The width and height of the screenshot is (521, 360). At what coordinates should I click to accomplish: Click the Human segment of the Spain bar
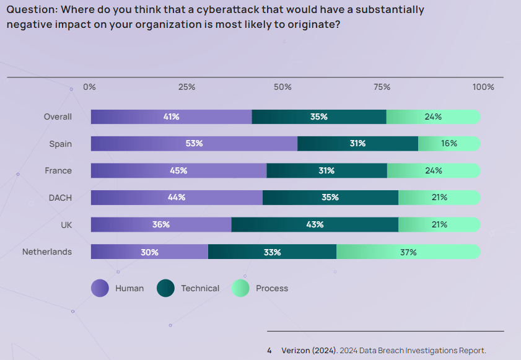click(194, 144)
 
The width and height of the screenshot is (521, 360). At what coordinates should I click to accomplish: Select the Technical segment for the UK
click(315, 224)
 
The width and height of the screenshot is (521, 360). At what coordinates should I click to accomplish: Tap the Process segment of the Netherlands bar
click(408, 252)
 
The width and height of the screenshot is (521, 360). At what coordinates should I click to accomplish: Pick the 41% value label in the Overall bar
click(172, 116)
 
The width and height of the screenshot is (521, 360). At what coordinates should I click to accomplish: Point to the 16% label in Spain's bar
click(449, 144)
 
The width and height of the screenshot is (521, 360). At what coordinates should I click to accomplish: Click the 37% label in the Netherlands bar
click(408, 252)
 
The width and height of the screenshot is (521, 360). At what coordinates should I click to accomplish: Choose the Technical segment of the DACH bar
click(330, 198)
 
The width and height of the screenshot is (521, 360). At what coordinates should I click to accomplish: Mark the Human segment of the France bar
click(178, 170)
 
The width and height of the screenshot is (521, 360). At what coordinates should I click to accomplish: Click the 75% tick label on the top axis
click(382, 87)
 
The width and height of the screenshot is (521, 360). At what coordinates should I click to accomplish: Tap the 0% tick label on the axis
click(89, 87)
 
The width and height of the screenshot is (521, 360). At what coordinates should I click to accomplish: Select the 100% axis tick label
click(483, 87)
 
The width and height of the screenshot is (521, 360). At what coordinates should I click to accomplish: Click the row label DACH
click(60, 198)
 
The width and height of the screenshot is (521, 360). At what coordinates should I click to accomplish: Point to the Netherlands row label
click(47, 252)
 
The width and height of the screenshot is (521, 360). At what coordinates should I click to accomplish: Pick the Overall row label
click(58, 116)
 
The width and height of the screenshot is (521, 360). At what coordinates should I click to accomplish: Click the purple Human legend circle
click(100, 288)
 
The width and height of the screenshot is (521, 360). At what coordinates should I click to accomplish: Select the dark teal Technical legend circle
click(165, 288)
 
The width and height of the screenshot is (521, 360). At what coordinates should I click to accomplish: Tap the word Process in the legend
click(272, 288)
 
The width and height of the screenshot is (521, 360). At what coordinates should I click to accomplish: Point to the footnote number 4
click(269, 351)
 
